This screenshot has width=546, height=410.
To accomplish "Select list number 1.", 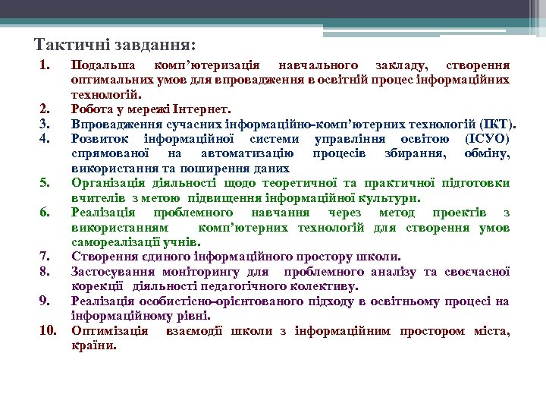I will click(45, 65).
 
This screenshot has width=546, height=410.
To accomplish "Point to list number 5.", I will click(45, 182).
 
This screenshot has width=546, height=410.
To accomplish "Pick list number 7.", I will click(45, 257).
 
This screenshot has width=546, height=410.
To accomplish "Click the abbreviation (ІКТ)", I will click(497, 123).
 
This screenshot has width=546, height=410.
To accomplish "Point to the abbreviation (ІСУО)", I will click(485, 138).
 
